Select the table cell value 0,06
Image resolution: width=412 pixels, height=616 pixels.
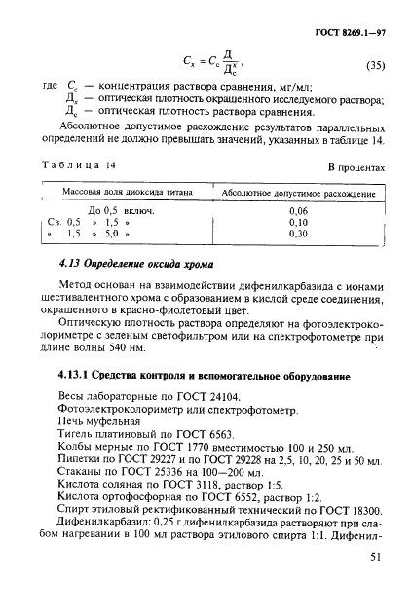(x=298, y=210)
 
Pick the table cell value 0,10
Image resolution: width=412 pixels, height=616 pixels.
(x=298, y=222)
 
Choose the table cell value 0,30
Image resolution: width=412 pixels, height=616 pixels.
(x=298, y=234)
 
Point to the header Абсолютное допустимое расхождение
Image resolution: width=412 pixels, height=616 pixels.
(x=299, y=194)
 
